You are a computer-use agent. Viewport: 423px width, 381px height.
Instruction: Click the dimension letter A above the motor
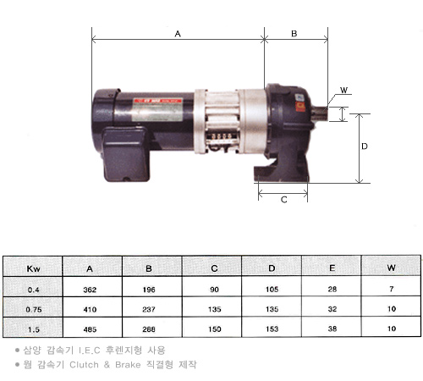[178, 34]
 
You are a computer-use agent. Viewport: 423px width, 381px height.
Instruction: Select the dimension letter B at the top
[294, 34]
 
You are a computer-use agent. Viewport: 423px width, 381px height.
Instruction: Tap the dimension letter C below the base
[284, 200]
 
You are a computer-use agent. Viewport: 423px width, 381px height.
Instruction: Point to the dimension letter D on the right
[365, 146]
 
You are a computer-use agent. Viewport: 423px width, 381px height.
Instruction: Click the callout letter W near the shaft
[343, 91]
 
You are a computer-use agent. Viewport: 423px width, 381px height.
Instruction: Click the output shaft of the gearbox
[320, 113]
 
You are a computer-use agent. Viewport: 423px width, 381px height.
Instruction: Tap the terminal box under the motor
[125, 154]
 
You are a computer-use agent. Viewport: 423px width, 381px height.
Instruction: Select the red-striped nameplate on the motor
[157, 110]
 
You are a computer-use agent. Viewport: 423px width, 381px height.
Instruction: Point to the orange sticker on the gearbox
[300, 107]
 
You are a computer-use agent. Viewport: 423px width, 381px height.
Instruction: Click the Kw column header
[33, 268]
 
